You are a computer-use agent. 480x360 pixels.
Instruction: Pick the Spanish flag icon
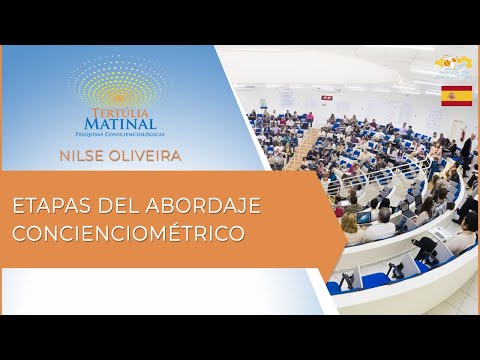coord(456,96)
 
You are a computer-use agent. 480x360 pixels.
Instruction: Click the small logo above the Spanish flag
coord(452,66)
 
